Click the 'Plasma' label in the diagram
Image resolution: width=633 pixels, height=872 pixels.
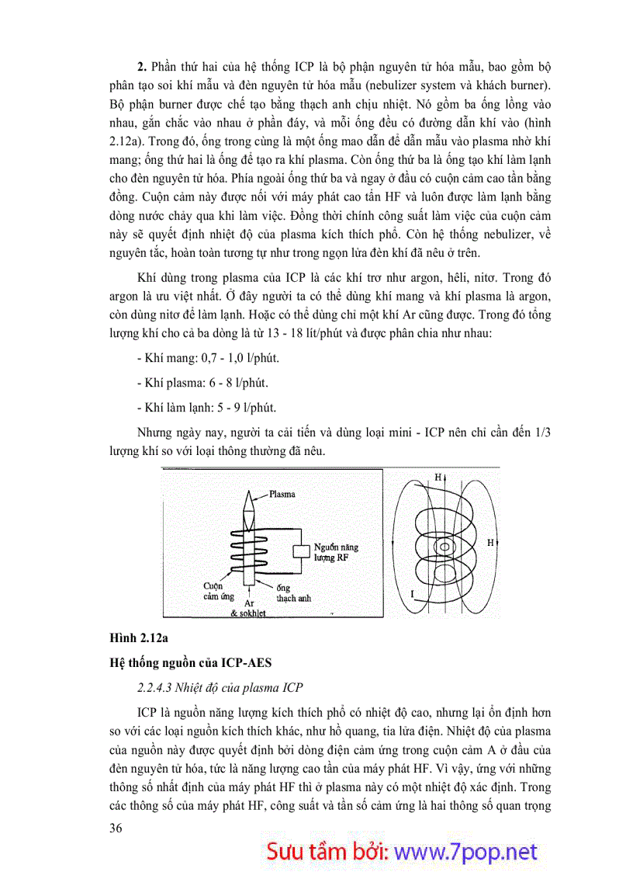point(282,493)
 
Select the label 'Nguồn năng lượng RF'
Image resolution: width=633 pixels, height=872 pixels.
point(336,552)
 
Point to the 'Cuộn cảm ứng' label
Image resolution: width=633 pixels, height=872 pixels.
point(219,591)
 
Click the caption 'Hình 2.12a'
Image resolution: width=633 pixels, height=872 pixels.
point(137,638)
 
